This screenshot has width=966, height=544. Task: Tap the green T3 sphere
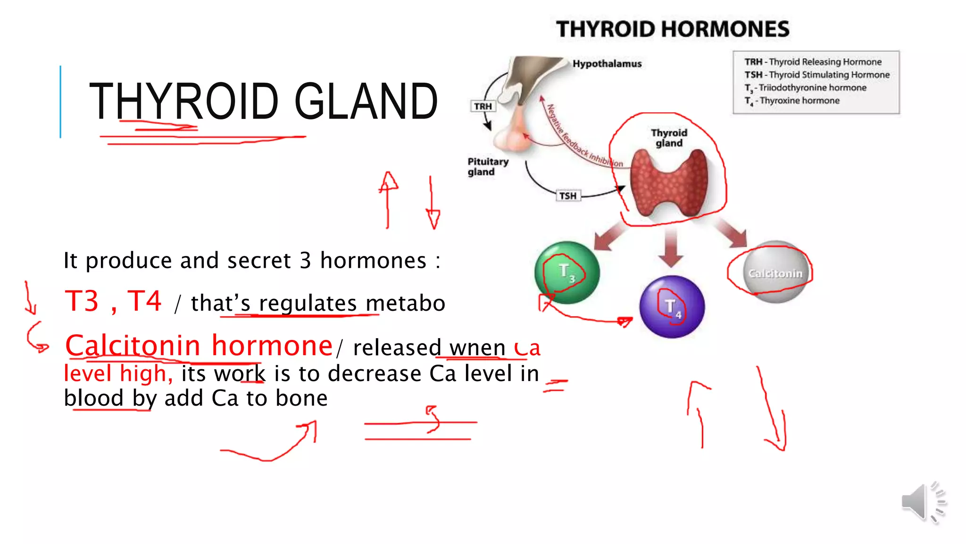[567, 272]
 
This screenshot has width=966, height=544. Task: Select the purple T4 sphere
[672, 307]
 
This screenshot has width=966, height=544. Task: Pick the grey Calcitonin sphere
[775, 273]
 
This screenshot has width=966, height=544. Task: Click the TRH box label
[483, 106]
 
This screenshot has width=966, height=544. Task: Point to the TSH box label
[568, 195]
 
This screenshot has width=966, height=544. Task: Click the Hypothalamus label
[607, 64]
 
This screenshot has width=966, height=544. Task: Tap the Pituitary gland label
[488, 167]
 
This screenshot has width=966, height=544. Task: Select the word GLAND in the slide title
[366, 101]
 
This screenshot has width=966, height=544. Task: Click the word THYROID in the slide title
[184, 101]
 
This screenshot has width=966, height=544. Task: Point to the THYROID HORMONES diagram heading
[673, 29]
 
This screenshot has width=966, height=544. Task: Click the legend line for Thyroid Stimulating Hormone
[816, 75]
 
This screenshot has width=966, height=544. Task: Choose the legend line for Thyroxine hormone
[792, 101]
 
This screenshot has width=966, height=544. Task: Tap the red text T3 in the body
[82, 301]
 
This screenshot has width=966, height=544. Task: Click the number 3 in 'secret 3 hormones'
[305, 260]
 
